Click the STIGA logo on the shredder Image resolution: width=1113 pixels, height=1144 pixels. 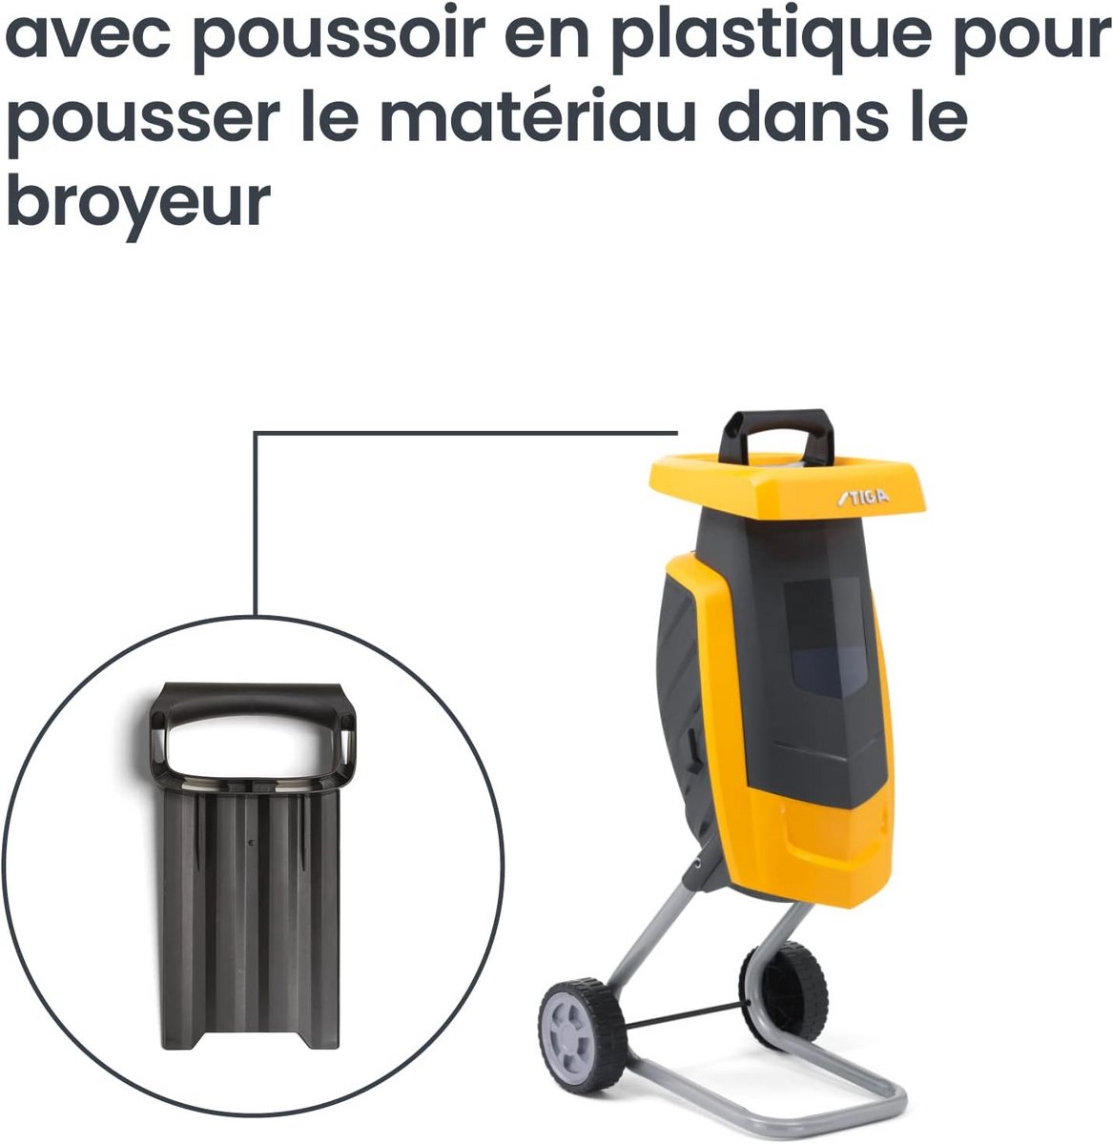click(862, 498)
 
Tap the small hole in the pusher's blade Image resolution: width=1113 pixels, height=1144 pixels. click(252, 843)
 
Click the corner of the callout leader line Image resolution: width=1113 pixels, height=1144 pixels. click(256, 433)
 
